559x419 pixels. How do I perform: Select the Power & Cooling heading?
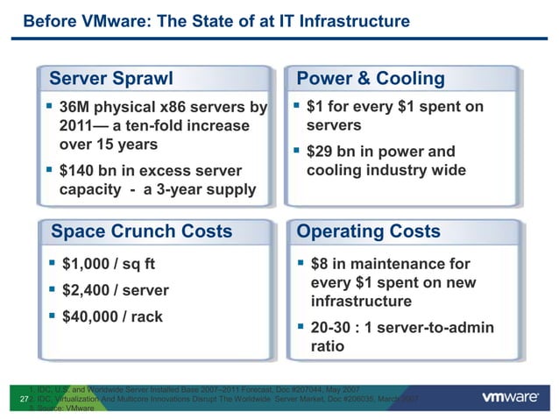(371, 78)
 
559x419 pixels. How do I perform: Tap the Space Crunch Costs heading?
(142, 231)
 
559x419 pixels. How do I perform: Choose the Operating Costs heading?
(369, 231)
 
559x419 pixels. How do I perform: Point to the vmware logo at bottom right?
(510, 397)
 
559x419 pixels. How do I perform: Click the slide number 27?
(24, 399)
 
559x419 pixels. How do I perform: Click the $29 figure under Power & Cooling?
(322, 152)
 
